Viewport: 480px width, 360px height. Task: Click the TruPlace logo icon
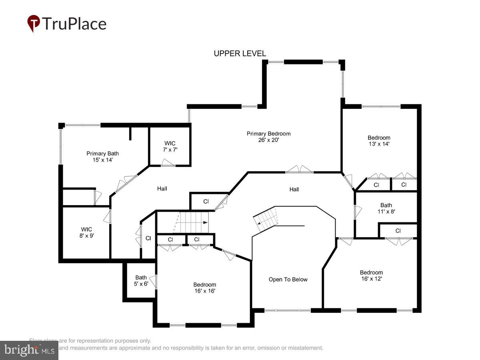coord(34,23)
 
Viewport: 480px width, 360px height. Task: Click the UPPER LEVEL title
coord(240,54)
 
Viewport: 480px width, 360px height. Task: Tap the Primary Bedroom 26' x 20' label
coord(268,137)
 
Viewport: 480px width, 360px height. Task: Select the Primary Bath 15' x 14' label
coord(102,156)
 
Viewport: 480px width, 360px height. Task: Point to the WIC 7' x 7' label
coord(170,146)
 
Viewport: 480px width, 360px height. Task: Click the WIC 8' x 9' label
coord(86,232)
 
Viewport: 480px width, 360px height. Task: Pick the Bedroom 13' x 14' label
coord(379,140)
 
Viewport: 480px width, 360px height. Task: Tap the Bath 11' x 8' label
coord(386,208)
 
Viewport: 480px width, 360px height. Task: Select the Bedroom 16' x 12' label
coord(371,276)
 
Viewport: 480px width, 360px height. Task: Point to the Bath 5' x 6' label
coord(141,280)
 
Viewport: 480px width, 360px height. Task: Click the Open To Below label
coord(288,280)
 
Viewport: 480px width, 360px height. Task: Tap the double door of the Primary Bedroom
coord(300,170)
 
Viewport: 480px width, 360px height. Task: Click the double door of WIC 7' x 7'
coord(168,163)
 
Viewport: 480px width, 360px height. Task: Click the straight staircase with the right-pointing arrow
coord(193,222)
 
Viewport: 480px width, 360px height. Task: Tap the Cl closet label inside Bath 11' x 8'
coord(398,231)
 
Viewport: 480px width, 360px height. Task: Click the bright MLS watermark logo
coord(29,350)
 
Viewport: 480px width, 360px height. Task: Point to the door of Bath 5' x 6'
coord(155,282)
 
